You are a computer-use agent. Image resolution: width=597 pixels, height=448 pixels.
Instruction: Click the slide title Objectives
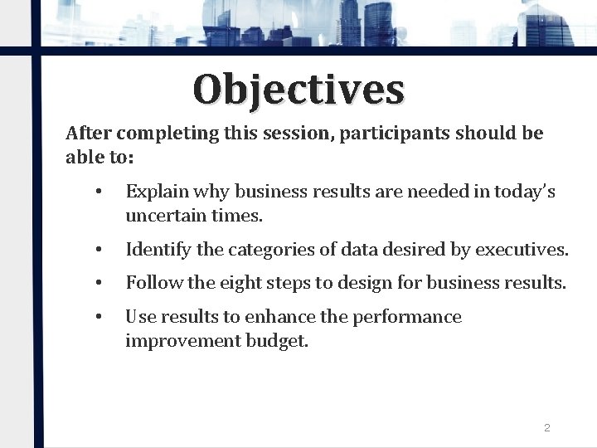[x=298, y=90]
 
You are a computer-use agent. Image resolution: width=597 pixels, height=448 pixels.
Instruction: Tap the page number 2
[x=546, y=428]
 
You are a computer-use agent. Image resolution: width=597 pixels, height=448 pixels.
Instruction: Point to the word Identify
[x=154, y=250]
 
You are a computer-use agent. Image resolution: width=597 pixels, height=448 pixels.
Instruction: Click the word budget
[x=277, y=341]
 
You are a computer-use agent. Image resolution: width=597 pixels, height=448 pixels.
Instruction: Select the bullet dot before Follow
[x=98, y=284]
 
